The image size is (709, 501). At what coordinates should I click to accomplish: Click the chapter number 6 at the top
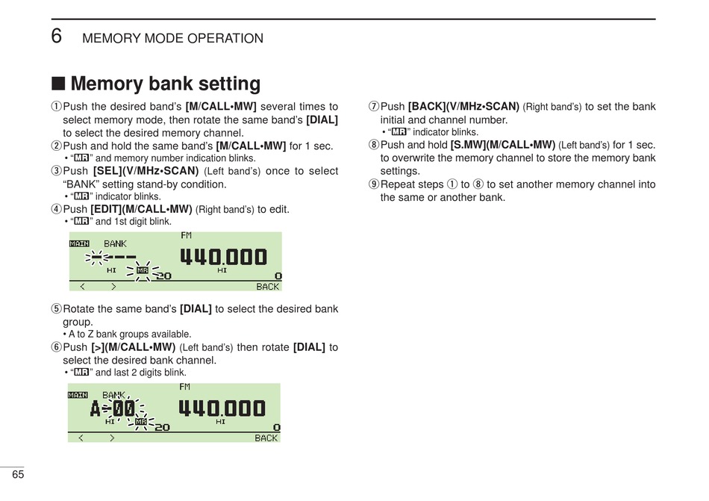57,36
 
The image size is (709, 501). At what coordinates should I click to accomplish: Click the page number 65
18,475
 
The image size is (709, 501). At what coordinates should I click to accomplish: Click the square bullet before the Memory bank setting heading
57,84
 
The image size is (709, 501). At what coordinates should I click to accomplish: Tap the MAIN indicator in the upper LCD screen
79,243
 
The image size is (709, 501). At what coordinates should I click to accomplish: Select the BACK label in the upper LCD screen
267,287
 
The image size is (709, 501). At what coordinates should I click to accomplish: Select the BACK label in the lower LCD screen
266,438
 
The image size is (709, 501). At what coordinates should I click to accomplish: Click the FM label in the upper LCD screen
186,236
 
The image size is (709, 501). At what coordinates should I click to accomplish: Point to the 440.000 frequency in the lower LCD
222,408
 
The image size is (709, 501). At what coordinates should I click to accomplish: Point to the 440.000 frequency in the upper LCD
223,258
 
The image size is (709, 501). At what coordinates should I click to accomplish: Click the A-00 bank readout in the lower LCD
113,409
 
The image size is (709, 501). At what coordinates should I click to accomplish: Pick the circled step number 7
374,108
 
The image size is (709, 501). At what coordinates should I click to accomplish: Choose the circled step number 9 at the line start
374,184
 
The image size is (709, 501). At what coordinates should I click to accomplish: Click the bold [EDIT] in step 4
107,209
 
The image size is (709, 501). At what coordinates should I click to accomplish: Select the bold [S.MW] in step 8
469,145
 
